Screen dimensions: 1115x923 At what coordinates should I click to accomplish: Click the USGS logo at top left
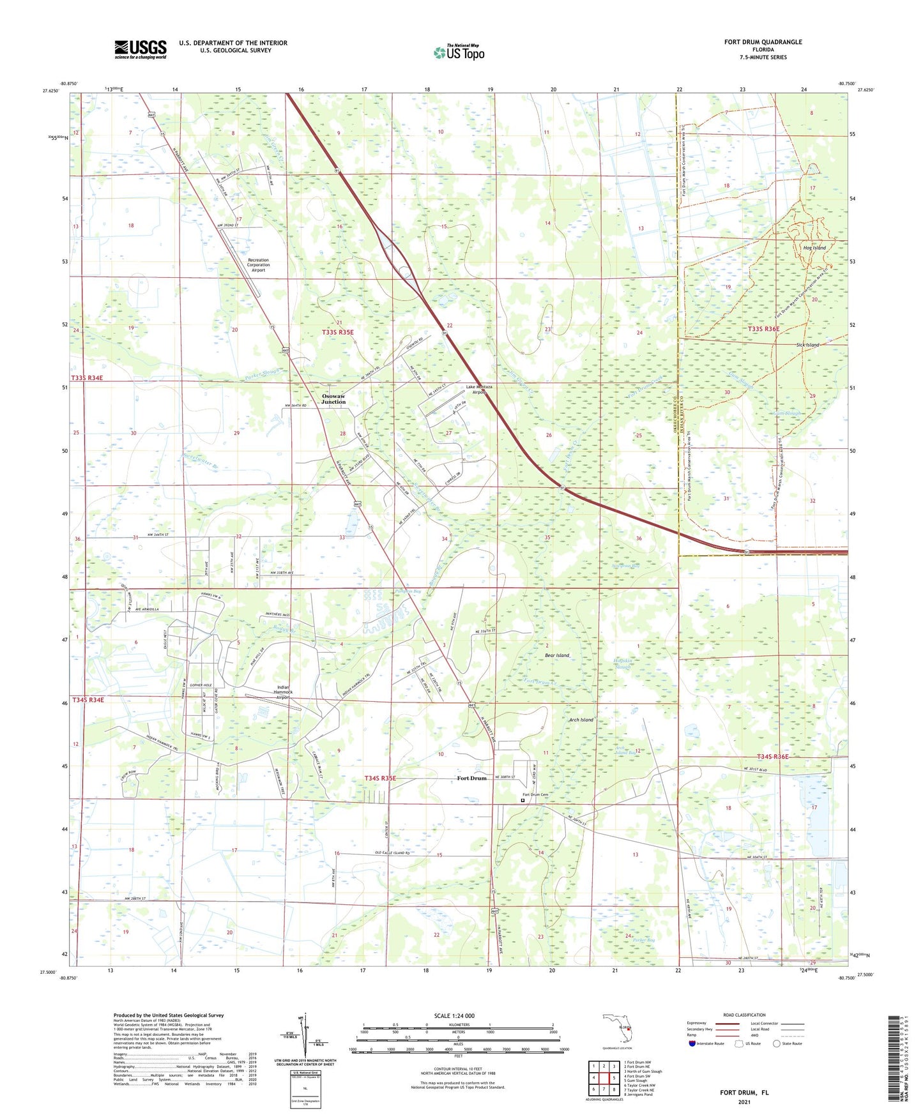click(141, 49)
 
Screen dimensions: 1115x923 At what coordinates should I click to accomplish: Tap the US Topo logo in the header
click(459, 52)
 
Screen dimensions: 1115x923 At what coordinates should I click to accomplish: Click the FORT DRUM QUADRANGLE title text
click(763, 42)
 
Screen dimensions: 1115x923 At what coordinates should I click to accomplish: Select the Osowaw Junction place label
click(333, 398)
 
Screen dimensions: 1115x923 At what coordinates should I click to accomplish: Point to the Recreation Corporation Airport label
click(258, 265)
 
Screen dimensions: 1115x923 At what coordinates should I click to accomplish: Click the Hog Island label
click(814, 248)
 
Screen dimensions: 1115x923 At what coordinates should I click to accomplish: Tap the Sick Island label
click(807, 345)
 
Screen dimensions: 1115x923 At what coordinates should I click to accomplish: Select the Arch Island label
click(581, 720)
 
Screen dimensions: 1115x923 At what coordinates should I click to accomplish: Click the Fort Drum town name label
click(471, 778)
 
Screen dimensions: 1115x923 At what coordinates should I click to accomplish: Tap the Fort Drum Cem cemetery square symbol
click(523, 800)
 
